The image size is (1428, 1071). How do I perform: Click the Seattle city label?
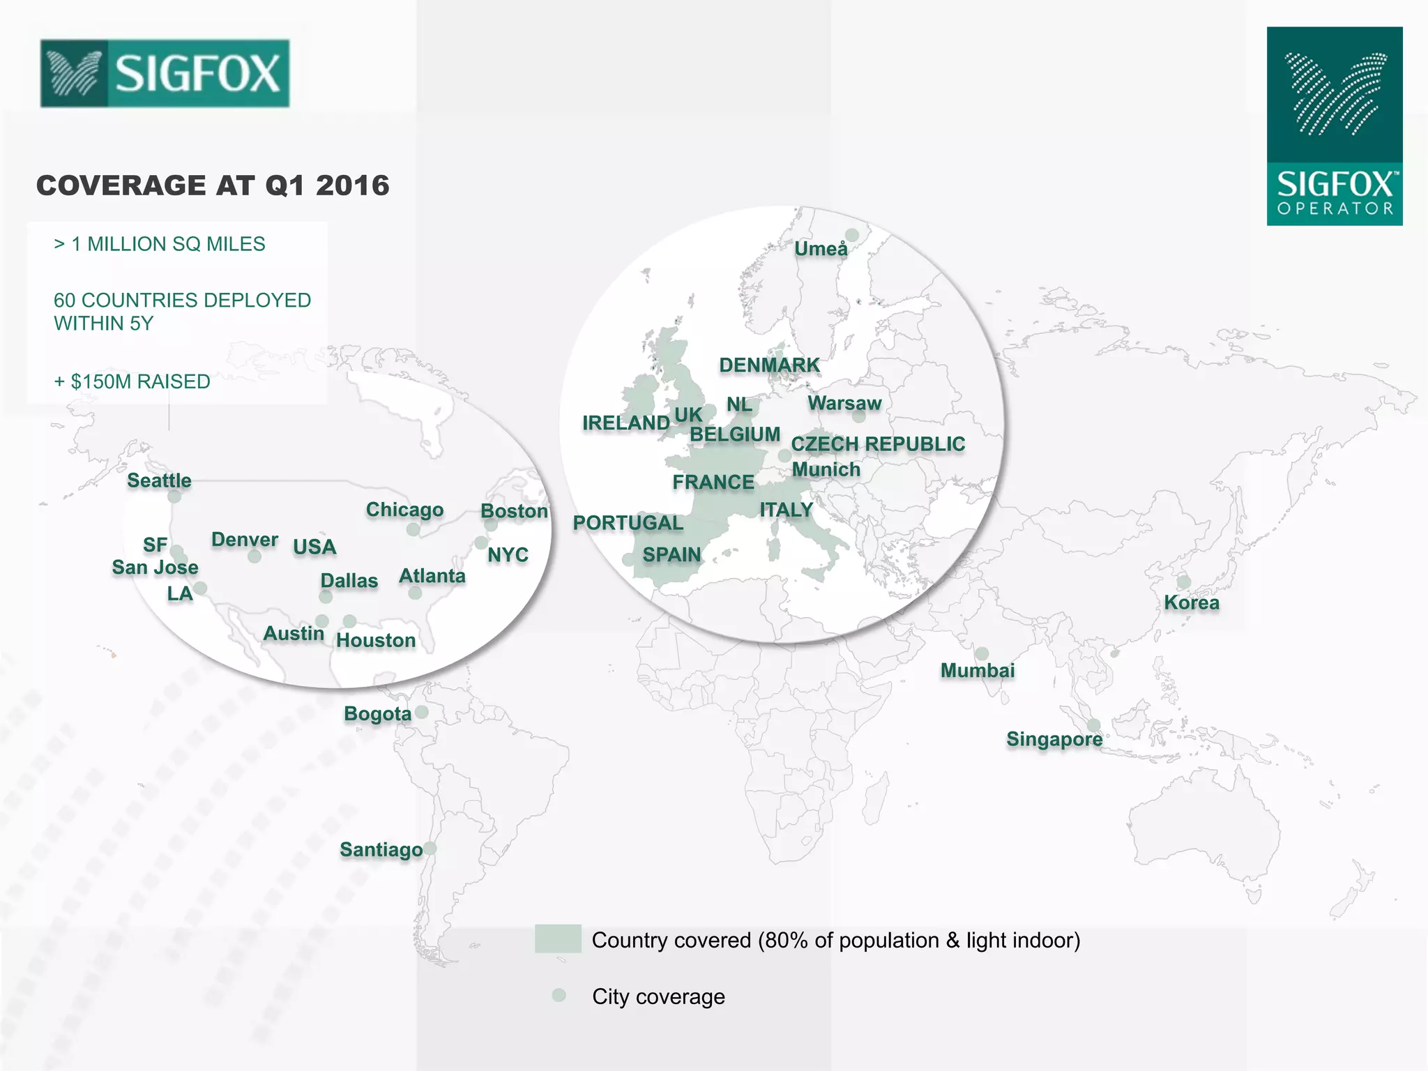[159, 480]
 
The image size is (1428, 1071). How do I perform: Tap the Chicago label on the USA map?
[404, 510]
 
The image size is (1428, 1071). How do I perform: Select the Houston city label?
[376, 640]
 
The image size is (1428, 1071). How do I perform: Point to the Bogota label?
[377, 714]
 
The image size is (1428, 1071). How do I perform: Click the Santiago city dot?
[430, 849]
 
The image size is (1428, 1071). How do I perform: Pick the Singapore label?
[1054, 739]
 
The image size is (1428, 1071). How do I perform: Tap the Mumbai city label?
[977, 671]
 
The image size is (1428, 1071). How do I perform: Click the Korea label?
[1191, 602]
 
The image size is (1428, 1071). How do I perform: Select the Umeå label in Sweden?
[821, 249]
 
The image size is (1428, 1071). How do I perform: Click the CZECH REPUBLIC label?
[877, 444]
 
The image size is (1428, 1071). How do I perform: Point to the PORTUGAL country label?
[628, 523]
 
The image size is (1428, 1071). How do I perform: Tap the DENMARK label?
[769, 365]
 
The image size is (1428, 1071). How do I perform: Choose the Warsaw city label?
[844, 403]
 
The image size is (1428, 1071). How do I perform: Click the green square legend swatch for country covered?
[558, 939]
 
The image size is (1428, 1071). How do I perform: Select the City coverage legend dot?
[559, 995]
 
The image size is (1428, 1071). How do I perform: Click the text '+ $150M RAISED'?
[132, 381]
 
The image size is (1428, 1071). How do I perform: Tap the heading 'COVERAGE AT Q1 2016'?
[213, 185]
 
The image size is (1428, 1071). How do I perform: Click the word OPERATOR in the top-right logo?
[1335, 208]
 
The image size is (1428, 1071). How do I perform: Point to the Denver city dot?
[255, 556]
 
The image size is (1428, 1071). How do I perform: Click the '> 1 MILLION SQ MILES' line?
[160, 244]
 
